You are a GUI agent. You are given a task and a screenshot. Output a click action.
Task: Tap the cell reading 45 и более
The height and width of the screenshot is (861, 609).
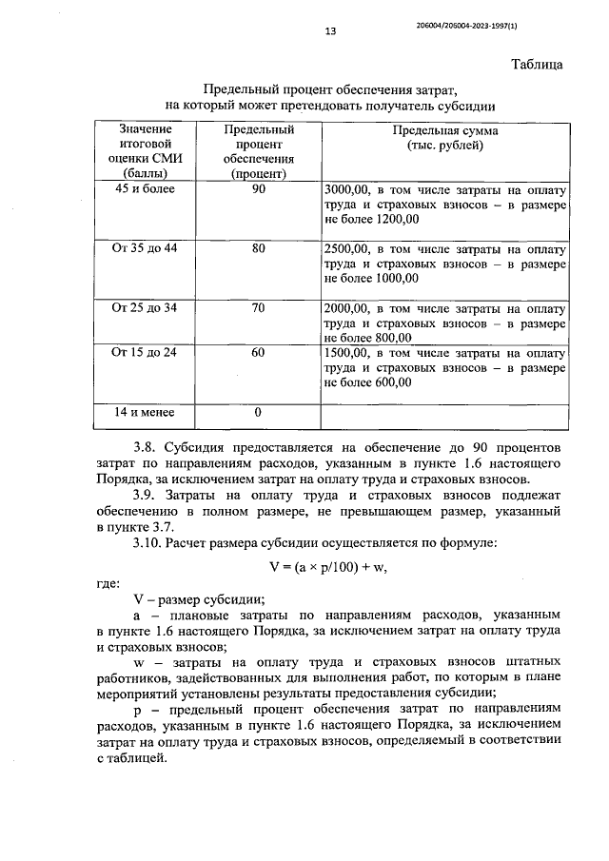[x=146, y=188]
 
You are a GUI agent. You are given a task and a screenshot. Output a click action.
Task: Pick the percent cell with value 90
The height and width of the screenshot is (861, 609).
[x=259, y=188]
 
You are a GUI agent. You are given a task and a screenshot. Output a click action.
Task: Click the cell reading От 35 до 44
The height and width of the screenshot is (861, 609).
[x=146, y=248]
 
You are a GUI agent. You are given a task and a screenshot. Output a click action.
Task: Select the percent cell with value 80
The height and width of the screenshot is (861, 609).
[x=259, y=248]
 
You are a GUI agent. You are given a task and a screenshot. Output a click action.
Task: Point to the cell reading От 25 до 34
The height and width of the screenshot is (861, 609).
[x=146, y=308]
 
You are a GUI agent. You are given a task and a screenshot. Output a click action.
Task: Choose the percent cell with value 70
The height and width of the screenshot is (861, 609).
[x=259, y=308]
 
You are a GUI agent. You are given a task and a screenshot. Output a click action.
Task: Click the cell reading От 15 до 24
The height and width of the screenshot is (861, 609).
[x=146, y=352]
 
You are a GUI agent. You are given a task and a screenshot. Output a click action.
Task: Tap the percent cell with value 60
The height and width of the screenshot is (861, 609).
[x=259, y=352]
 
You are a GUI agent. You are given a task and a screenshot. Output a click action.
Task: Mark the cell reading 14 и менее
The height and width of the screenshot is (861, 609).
[x=146, y=412]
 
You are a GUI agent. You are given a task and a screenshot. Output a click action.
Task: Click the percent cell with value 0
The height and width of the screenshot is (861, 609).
[x=258, y=412]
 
